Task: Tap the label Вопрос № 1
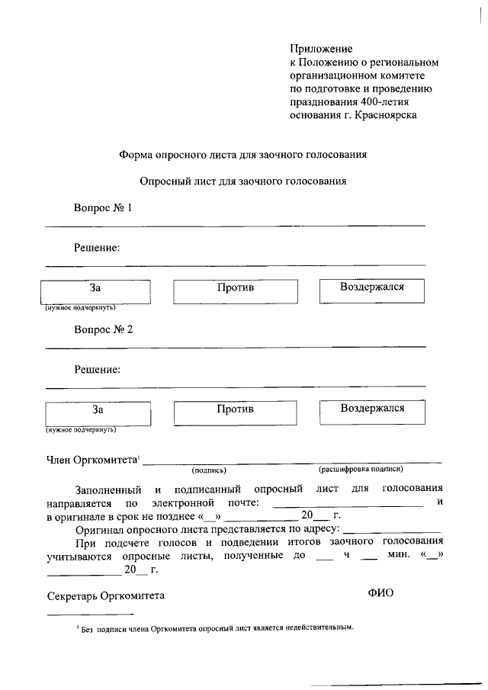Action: tap(103, 207)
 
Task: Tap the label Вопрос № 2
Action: tap(103, 329)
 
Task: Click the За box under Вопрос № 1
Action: tap(95, 290)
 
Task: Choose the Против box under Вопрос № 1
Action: tap(236, 290)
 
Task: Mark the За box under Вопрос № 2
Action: tap(97, 412)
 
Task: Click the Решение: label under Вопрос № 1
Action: tap(97, 248)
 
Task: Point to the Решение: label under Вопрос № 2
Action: tap(97, 370)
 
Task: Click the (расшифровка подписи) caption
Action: tap(361, 470)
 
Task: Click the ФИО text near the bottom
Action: tap(380, 593)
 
